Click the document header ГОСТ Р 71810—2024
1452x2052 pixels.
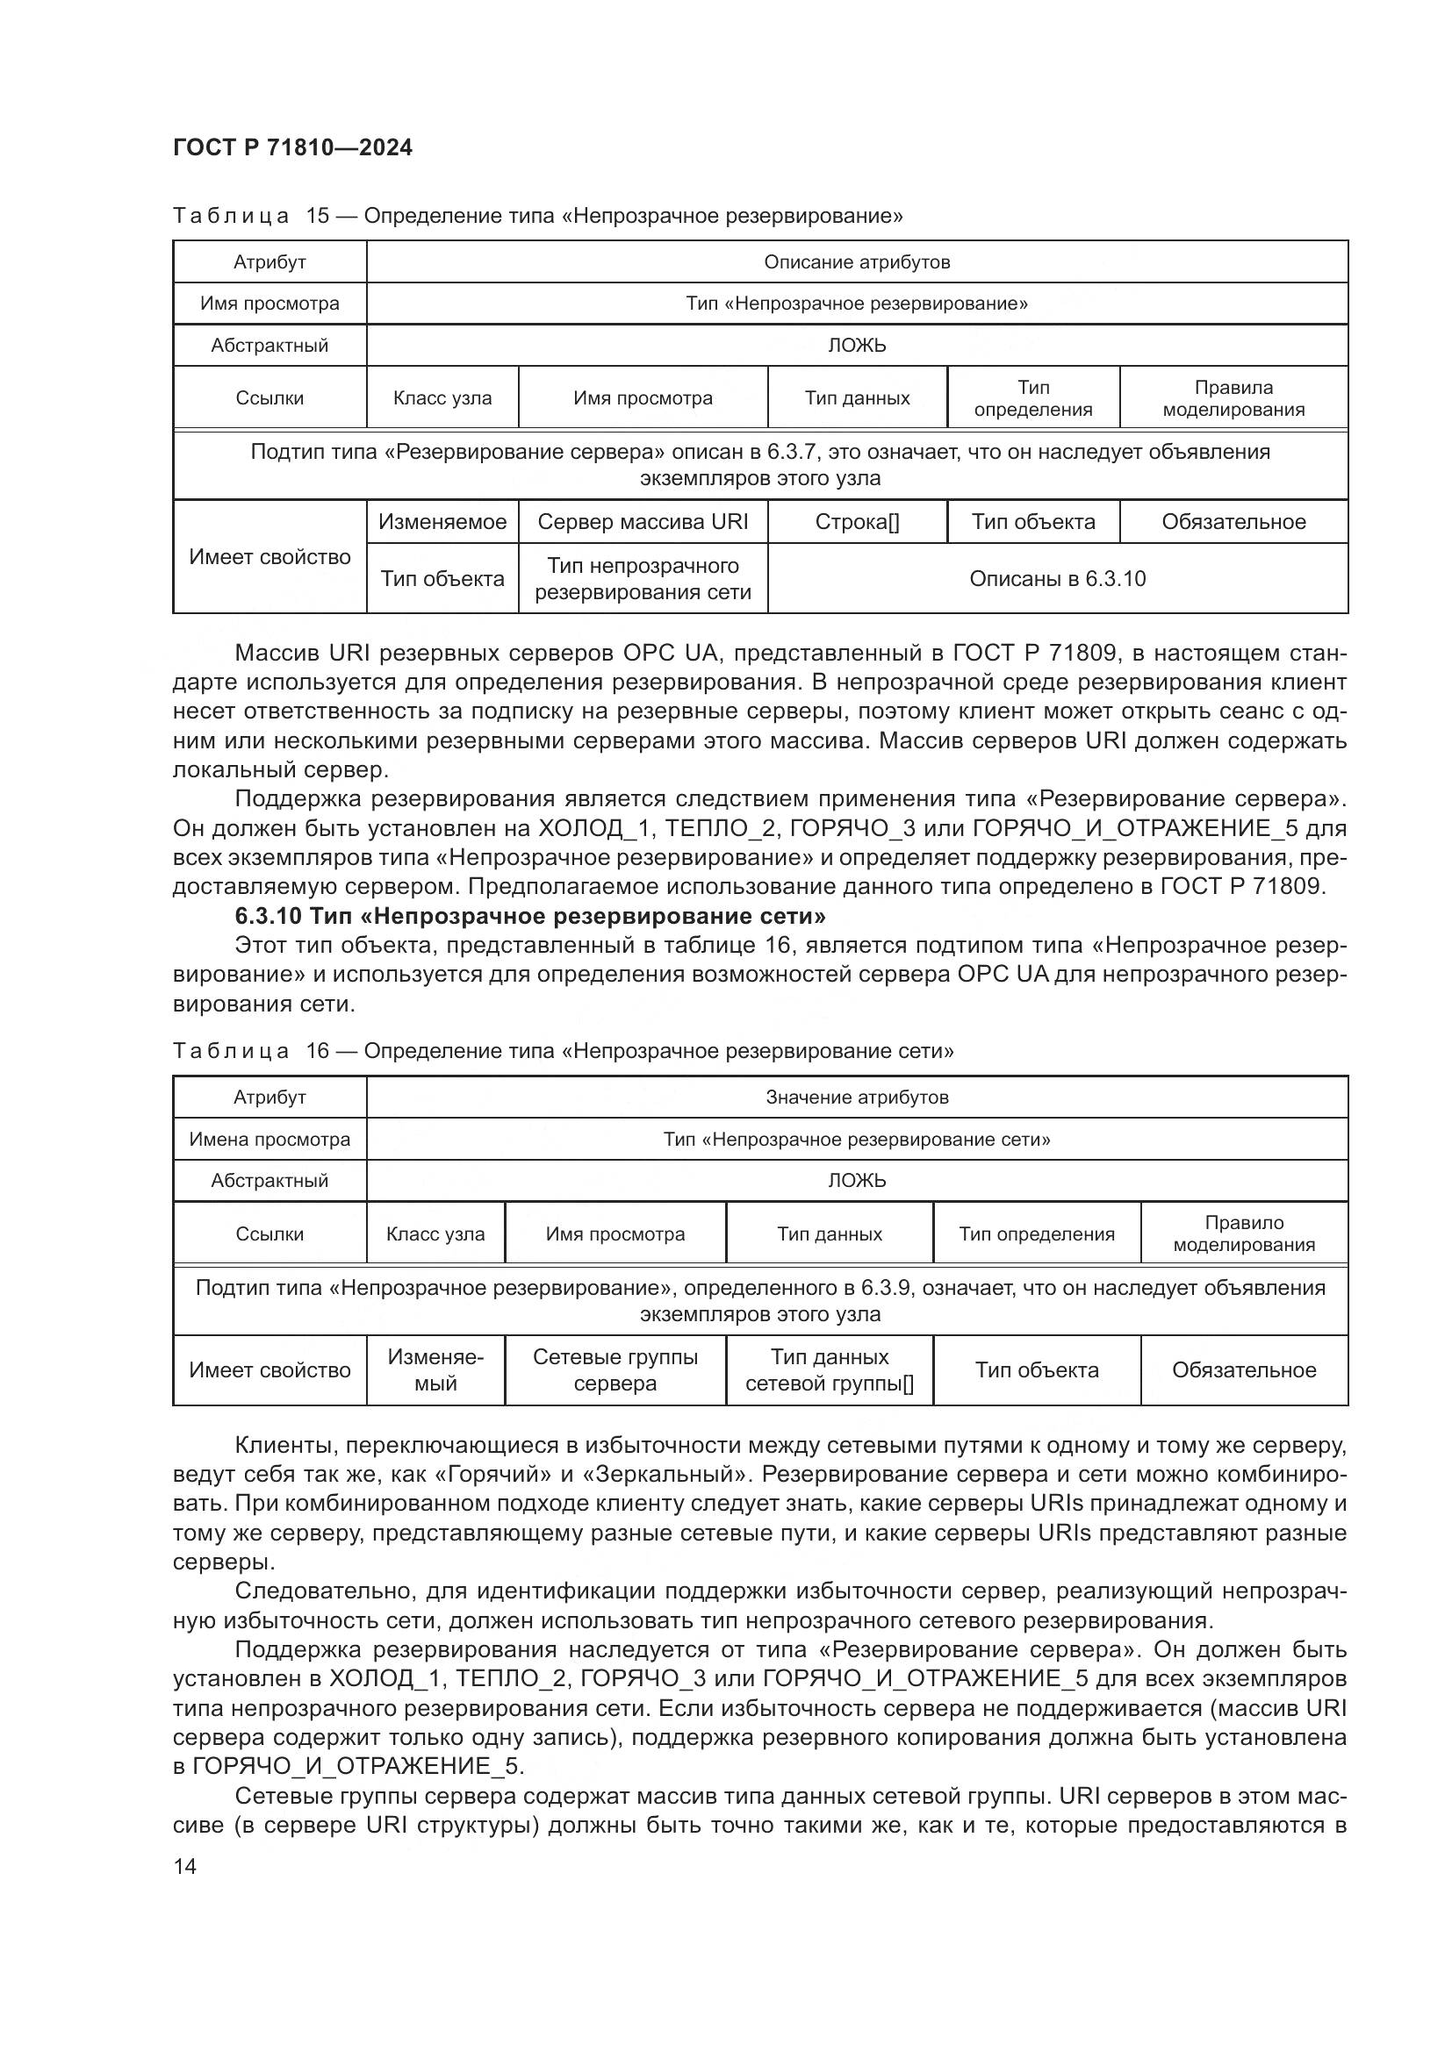pyautogui.click(x=292, y=148)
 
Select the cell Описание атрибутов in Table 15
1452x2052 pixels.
pyautogui.click(x=856, y=261)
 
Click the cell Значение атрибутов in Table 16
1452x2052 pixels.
pyautogui.click(x=856, y=1097)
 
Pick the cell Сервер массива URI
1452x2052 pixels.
pyautogui.click(x=642, y=521)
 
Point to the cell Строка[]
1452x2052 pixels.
pyautogui.click(x=856, y=521)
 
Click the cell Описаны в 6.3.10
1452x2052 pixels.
pyautogui.click(x=1057, y=578)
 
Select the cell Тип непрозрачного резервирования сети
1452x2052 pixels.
pyautogui.click(x=642, y=578)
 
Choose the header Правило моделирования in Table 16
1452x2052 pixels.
pyautogui.click(x=1243, y=1233)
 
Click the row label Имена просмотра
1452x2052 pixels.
pyautogui.click(x=270, y=1139)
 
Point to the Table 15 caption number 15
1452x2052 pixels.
pyautogui.click(x=318, y=216)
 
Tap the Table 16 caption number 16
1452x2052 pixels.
pyautogui.click(x=318, y=1050)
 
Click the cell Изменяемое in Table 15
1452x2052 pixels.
pyautogui.click(x=442, y=521)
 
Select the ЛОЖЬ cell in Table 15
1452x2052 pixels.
pyautogui.click(x=856, y=345)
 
